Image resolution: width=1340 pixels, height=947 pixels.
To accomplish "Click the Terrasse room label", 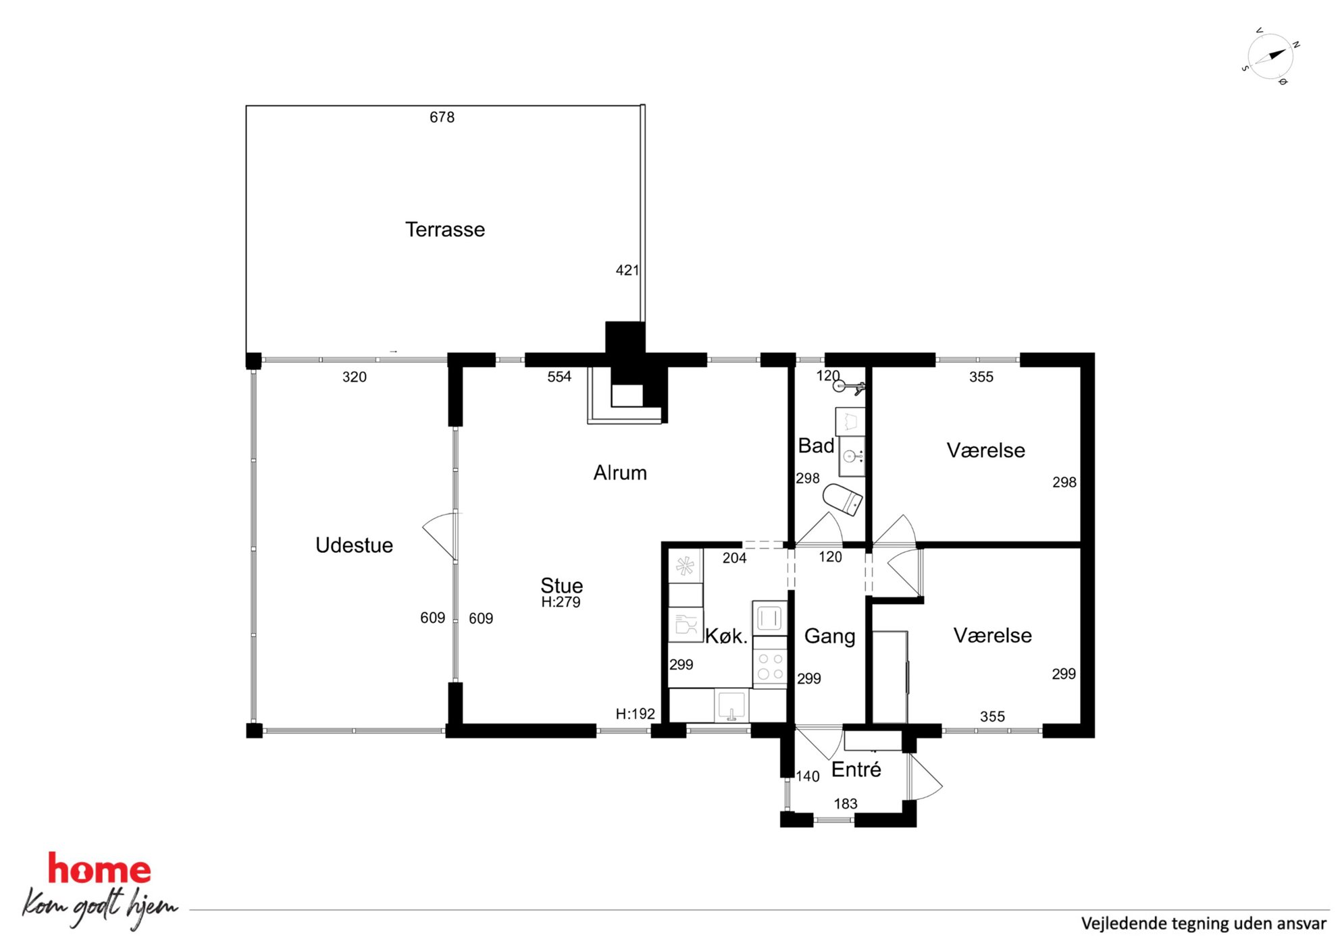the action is click(x=445, y=229).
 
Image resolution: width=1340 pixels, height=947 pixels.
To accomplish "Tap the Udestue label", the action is click(x=354, y=545).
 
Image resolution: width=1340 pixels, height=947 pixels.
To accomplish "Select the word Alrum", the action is click(x=620, y=472).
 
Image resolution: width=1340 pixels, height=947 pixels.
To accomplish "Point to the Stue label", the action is click(x=561, y=585).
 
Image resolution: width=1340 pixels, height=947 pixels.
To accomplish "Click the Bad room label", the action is click(x=816, y=445).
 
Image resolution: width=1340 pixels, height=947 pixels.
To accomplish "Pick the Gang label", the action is click(x=829, y=636).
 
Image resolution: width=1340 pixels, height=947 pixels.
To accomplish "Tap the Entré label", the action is click(x=856, y=769).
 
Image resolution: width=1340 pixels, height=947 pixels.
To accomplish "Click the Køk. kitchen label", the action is click(x=726, y=636).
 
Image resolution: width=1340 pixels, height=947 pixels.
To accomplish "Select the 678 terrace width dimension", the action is click(x=442, y=117).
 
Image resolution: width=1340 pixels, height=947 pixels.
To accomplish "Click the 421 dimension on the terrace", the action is click(x=627, y=270).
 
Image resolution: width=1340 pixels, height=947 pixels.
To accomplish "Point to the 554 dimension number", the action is click(x=559, y=377).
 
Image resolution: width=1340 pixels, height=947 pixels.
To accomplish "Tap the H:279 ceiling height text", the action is click(x=561, y=602).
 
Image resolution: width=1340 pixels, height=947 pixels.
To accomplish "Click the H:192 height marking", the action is click(x=635, y=713).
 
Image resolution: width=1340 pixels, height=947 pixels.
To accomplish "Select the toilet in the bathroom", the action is click(x=843, y=499).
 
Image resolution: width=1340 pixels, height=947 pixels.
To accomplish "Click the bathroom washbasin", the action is click(x=851, y=456).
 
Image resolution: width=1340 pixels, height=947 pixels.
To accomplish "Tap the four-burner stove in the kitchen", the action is click(x=770, y=666).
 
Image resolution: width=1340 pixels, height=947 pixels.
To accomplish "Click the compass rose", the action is click(x=1270, y=56).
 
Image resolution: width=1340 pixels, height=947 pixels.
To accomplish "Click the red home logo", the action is click(x=99, y=869).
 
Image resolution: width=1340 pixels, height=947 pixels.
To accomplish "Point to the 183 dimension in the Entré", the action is click(x=846, y=803).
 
